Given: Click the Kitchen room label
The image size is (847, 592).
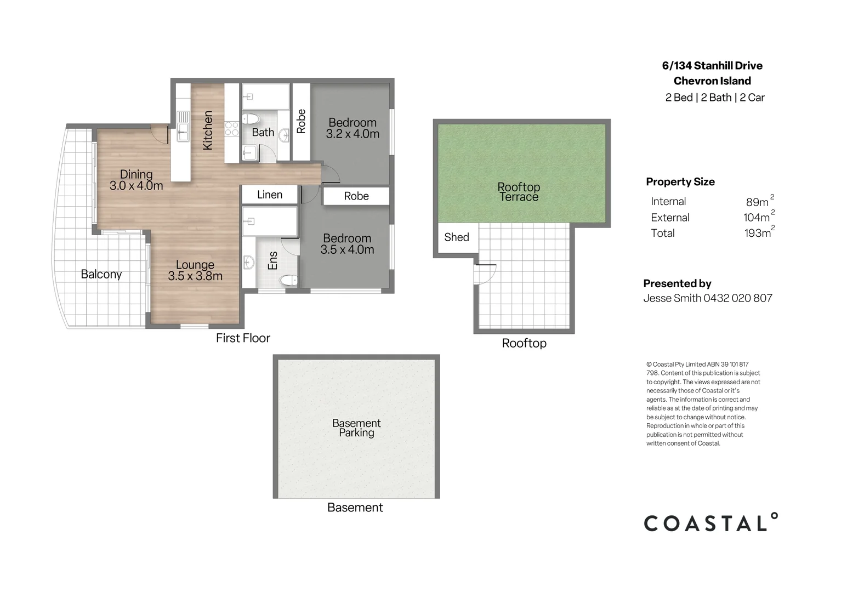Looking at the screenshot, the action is coord(208,130).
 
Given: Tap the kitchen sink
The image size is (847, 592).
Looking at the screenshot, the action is coord(183,126).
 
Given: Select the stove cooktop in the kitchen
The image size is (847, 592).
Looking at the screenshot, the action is coord(231,128).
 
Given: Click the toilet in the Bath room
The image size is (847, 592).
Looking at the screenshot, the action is coord(251,119).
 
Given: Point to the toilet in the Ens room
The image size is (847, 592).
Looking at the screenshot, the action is coord(288,280).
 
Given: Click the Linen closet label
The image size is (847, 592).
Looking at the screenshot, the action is coord(270,195).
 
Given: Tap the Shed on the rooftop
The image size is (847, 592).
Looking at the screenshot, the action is coord(457,237).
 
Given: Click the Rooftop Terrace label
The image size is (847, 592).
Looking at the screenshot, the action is coord(519,192).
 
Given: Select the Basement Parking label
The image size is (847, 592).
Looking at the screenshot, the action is coord(356,428).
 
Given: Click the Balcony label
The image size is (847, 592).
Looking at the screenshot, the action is coord(101,274).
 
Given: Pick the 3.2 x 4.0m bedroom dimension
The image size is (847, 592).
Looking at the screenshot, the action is coord(353,134).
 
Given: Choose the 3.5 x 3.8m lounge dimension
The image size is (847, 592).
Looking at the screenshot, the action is coord(195,276).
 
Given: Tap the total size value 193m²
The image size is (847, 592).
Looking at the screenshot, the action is coord(759,232).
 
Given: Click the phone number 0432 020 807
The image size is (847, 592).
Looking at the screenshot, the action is coord(738,298).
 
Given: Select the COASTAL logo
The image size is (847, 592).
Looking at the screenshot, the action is coord(711,522).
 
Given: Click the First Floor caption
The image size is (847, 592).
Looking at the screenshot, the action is coord(243,338).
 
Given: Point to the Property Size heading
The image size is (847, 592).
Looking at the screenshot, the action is coord(680,182).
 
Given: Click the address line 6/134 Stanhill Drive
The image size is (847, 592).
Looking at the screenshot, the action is coord(712,66).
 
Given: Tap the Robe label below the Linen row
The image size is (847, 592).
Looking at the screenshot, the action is coord(356,196).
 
